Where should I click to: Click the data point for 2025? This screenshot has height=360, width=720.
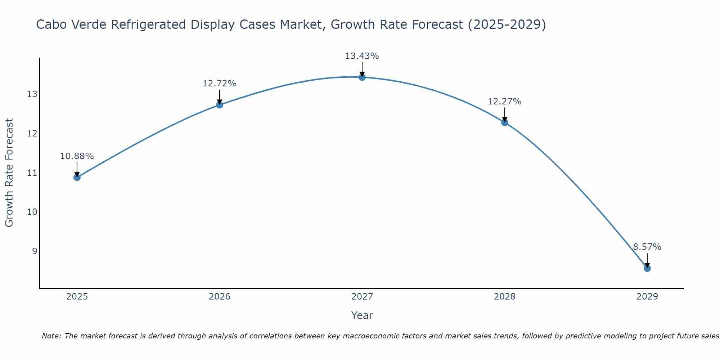(77, 177)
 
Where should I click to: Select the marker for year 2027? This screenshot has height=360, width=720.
(362, 77)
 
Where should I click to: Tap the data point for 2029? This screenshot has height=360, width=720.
(647, 268)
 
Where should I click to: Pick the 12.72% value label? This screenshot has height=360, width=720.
(219, 84)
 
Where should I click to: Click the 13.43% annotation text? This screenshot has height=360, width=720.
(362, 56)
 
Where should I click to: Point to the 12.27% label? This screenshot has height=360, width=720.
(504, 102)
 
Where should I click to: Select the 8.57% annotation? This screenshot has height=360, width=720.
(647, 247)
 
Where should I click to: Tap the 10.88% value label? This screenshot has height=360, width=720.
(77, 156)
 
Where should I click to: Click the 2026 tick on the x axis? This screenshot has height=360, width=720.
(220, 297)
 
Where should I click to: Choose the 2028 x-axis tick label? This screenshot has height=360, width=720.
(504, 297)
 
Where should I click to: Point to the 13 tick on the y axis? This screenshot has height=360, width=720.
(32, 94)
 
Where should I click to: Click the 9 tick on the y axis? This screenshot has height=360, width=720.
(35, 251)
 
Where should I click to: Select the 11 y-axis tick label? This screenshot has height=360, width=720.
(32, 173)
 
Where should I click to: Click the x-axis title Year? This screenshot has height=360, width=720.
(362, 315)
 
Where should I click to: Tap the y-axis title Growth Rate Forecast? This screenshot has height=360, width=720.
(9, 173)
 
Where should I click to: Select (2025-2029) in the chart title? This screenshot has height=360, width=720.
(507, 24)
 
